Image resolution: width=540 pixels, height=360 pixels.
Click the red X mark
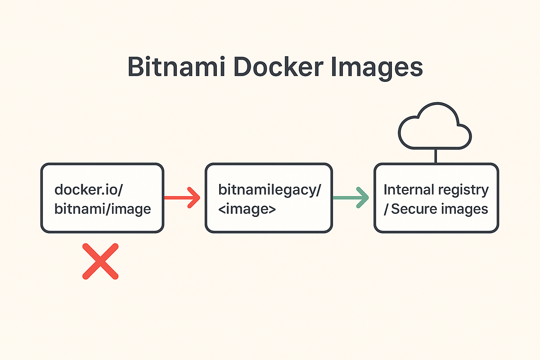click(101, 261)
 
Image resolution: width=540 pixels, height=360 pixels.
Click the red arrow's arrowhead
click(194, 198)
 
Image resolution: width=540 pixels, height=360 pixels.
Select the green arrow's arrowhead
click(363, 198)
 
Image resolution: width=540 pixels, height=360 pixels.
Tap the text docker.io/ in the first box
click(89, 189)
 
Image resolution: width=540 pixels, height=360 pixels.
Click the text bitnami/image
click(103, 209)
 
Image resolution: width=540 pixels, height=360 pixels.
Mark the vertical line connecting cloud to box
click(436, 156)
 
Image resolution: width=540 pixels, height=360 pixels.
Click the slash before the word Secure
click(386, 209)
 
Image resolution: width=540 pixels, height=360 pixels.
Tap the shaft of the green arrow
click(344, 198)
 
